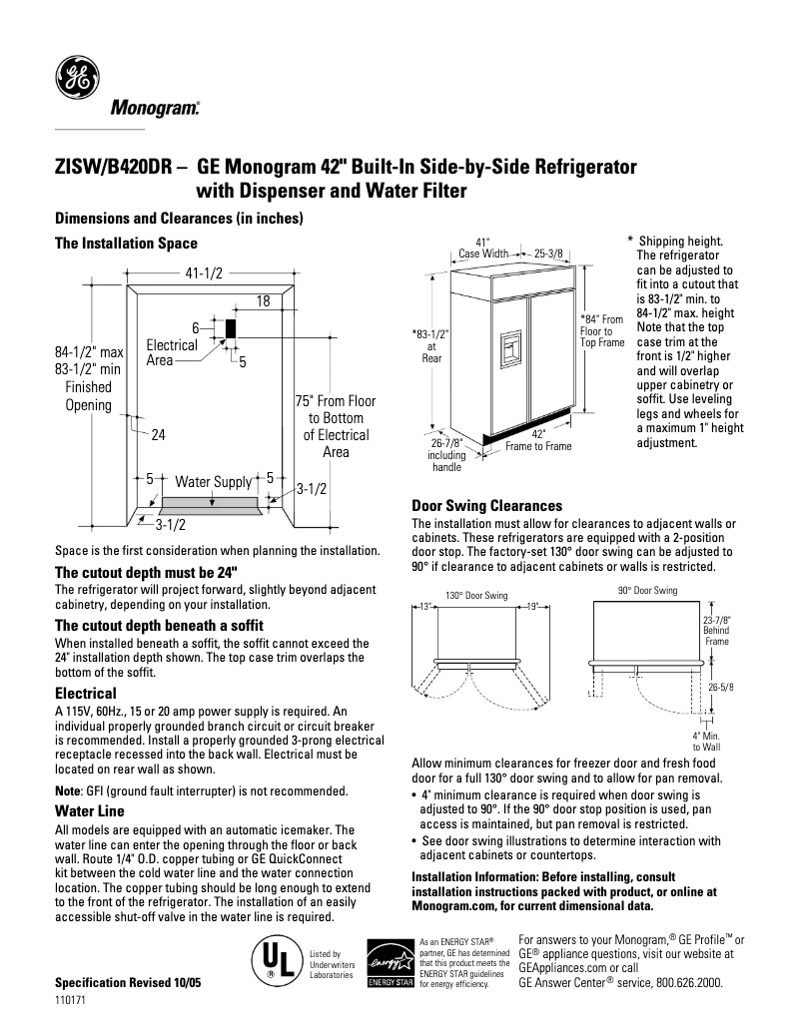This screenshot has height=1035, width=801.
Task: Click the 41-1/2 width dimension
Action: pyautogui.click(x=203, y=273)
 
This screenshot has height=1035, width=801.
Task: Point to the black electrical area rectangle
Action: pyautogui.click(x=230, y=327)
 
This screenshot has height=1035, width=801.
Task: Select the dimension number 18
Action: pyautogui.click(x=263, y=300)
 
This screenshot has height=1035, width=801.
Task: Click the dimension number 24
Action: pyautogui.click(x=158, y=435)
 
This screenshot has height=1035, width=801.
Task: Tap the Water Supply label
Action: pyautogui.click(x=213, y=482)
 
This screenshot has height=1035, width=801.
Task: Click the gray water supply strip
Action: pyautogui.click(x=212, y=502)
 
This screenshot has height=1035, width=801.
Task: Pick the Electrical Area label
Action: pyautogui.click(x=171, y=352)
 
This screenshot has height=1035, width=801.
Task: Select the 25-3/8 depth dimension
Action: pyautogui.click(x=547, y=253)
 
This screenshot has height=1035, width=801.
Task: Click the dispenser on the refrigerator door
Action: pyautogui.click(x=510, y=344)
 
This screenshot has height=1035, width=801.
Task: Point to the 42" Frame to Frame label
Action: pyautogui.click(x=538, y=440)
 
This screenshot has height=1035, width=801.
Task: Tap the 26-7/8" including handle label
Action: pyautogui.click(x=445, y=454)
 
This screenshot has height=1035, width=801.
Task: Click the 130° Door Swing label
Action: pyautogui.click(x=476, y=596)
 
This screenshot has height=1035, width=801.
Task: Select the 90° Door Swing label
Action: pyautogui.click(x=646, y=591)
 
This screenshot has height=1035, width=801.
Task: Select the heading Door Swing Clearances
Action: pyautogui.click(x=486, y=506)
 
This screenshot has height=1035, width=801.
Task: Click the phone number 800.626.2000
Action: pyautogui.click(x=688, y=982)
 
